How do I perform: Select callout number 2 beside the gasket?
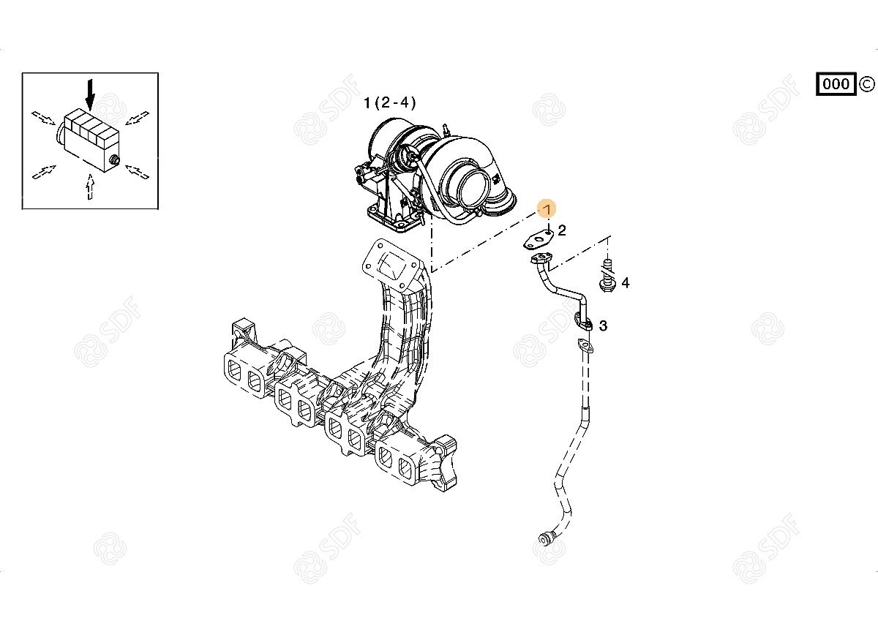coord(562,230)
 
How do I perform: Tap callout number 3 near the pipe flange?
coord(603,325)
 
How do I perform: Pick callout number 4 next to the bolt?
coord(625,282)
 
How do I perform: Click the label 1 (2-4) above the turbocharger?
coord(389,103)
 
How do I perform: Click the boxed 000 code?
coord(836,84)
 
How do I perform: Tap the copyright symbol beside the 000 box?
coord(866,84)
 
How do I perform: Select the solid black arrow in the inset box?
coord(91,95)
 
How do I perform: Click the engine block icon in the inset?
coord(89,140)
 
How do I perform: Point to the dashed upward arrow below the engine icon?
coord(91,187)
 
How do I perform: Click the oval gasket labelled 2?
coord(537,240)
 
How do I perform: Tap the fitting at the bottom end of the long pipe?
coord(545,538)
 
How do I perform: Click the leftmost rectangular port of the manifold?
coord(235,370)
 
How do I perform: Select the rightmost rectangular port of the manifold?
coord(405,469)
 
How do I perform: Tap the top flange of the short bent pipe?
coord(541,259)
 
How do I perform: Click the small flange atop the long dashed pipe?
coord(585,345)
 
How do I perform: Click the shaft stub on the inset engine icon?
coord(115,159)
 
